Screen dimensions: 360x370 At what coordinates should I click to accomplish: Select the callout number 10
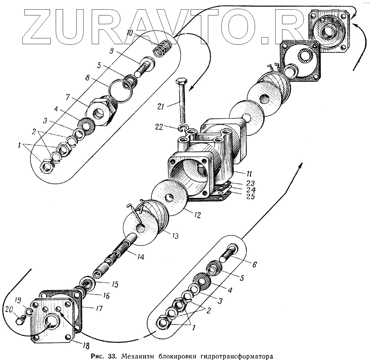tap(130, 33)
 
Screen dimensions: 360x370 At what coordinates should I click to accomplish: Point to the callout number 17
tap(98, 308)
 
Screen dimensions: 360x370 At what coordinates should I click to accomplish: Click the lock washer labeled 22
tap(182, 128)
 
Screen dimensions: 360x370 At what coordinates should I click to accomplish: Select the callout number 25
tap(251, 197)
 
